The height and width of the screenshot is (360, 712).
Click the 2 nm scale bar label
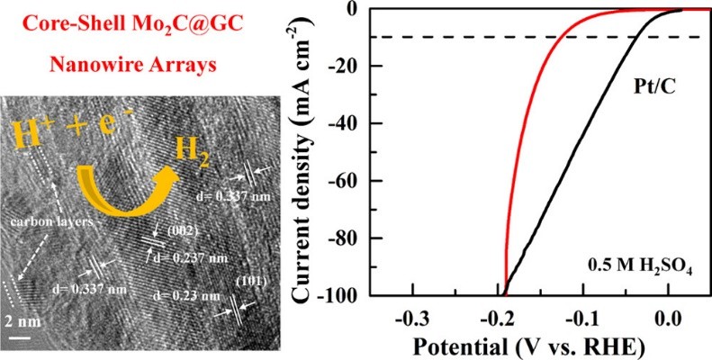[27, 322]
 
